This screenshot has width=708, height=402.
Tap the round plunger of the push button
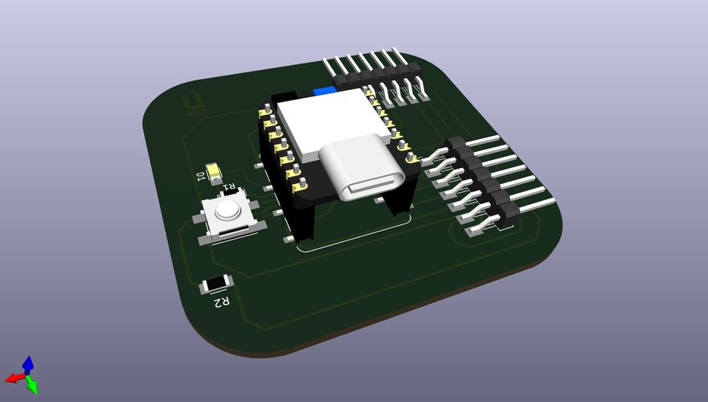[227, 211]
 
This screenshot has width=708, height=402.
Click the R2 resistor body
[215, 284]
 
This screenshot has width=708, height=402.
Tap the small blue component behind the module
[324, 92]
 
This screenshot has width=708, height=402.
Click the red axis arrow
[12, 378]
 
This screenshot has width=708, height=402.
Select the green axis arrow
[33, 388]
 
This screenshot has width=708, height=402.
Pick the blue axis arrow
[28, 363]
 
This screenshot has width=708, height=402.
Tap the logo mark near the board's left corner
[192, 103]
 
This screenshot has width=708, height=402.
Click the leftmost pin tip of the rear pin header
[325, 60]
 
